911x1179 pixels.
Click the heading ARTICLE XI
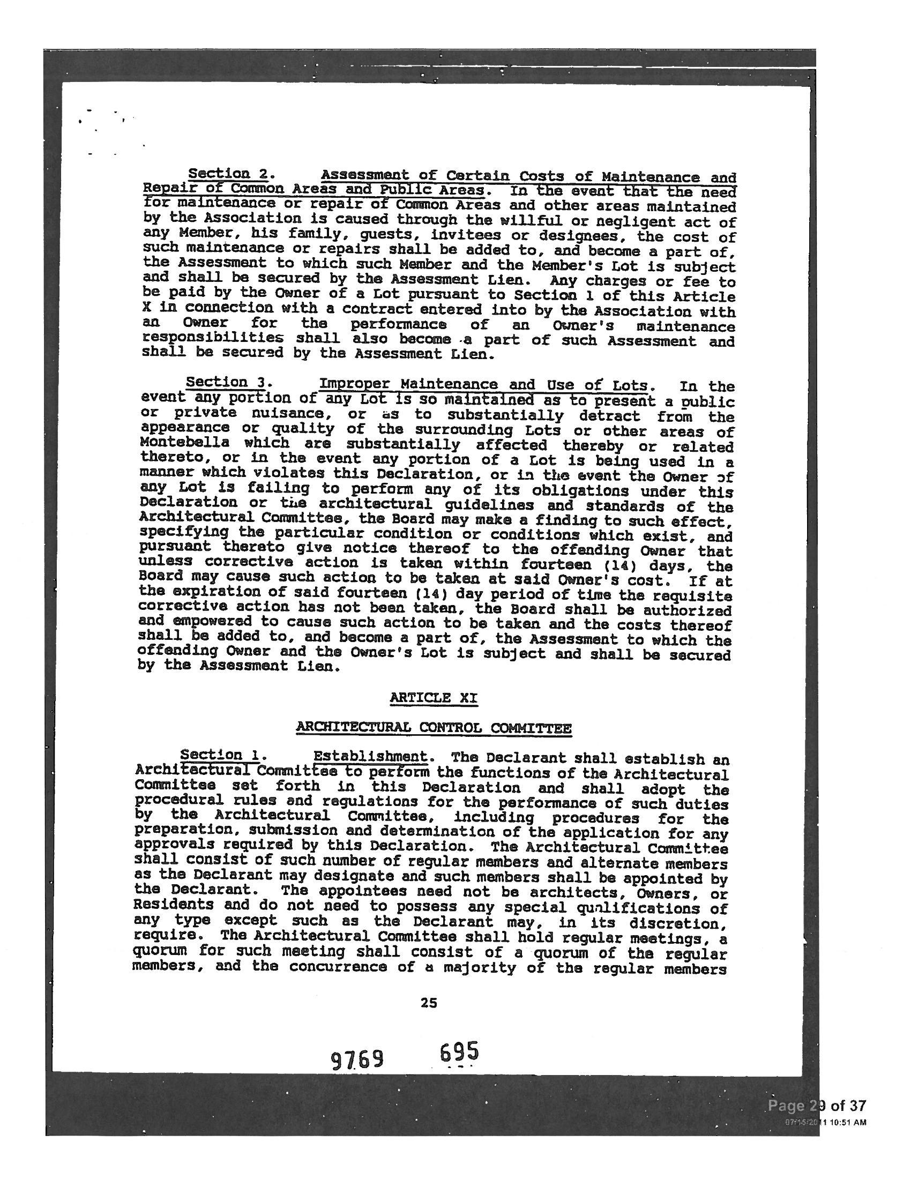(434, 698)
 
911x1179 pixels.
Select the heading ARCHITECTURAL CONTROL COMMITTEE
(434, 728)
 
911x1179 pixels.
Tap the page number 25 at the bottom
(429, 1003)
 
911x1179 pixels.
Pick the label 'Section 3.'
(226, 383)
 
